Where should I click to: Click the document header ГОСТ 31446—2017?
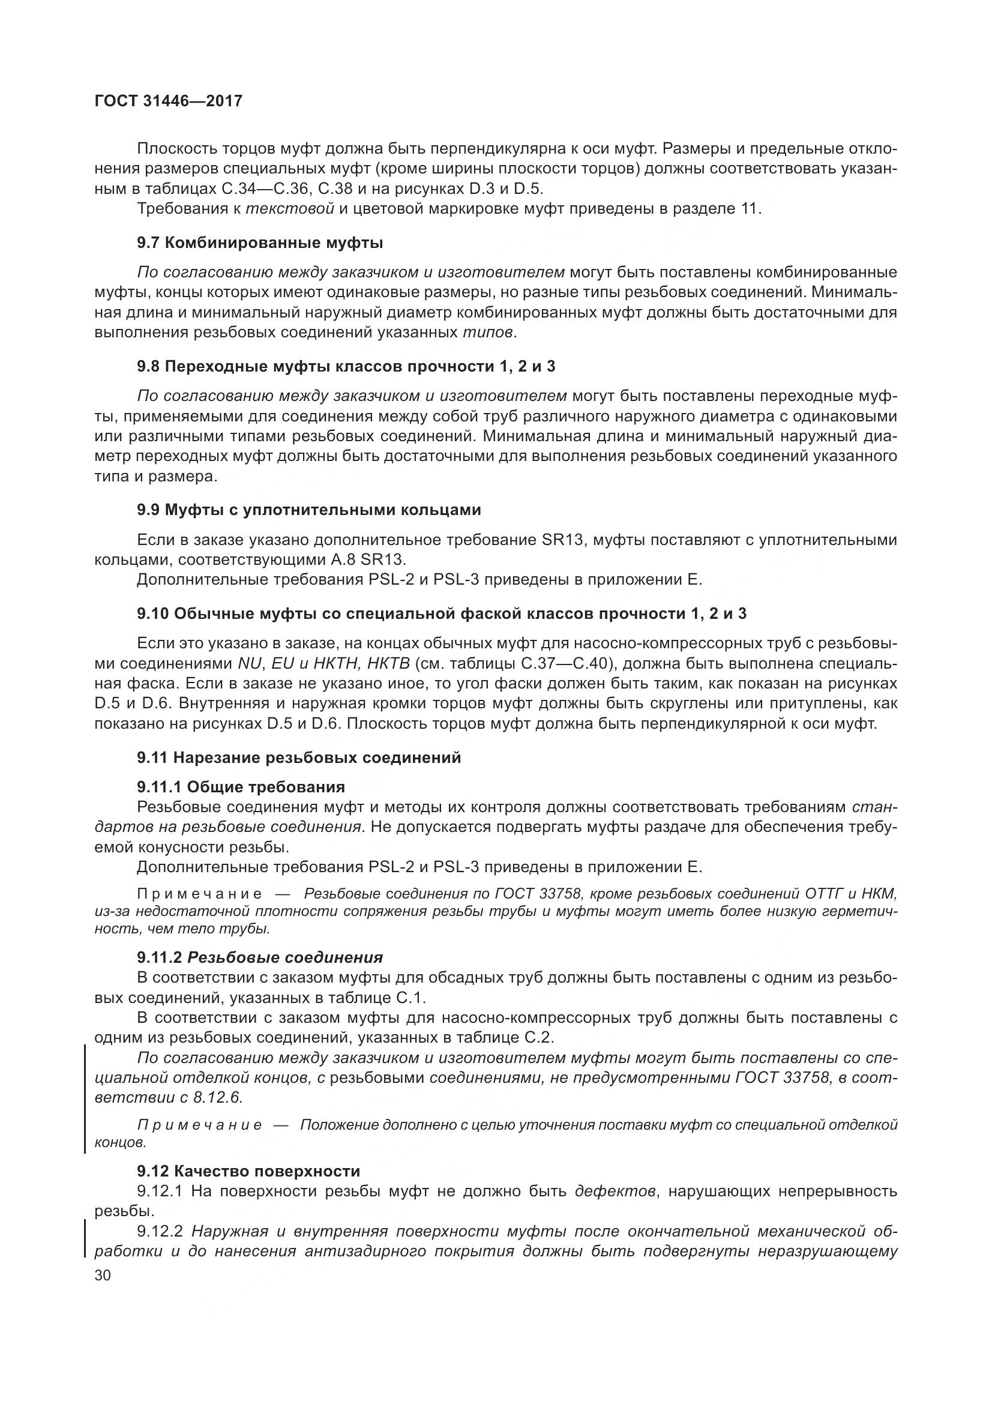tap(168, 101)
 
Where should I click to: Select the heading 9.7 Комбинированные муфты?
tap(260, 243)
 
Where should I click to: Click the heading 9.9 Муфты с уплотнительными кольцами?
tap(308, 510)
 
